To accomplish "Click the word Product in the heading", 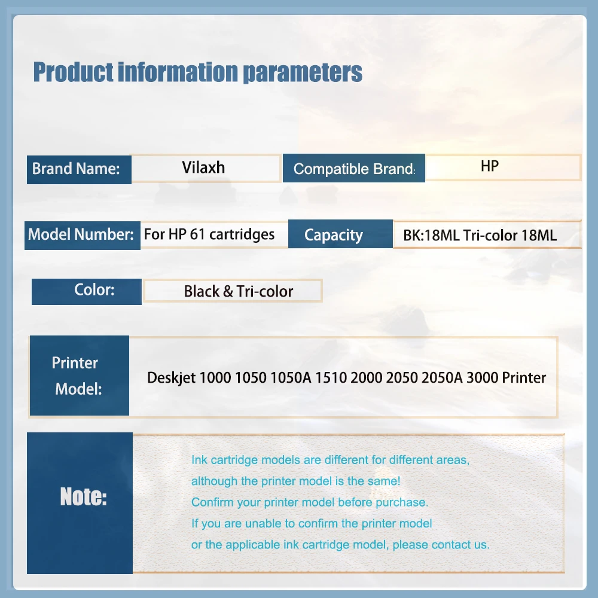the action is point(74,72).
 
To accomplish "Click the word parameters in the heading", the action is point(303,72).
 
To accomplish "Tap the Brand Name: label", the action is point(76,169).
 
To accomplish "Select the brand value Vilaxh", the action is point(203,167).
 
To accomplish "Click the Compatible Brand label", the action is point(354,169).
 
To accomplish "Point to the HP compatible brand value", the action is point(490,166).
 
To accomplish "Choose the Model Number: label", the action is point(81,234).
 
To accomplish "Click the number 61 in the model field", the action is point(197,234).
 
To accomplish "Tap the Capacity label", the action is point(333,235).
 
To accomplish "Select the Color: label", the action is point(94,290).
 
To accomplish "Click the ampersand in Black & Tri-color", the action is point(228,291).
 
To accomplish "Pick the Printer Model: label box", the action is point(80,376).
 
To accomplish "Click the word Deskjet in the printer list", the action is point(171,378).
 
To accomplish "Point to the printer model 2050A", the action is point(442,377).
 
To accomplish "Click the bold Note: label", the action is point(84,497).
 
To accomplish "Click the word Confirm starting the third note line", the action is point(212,502).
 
